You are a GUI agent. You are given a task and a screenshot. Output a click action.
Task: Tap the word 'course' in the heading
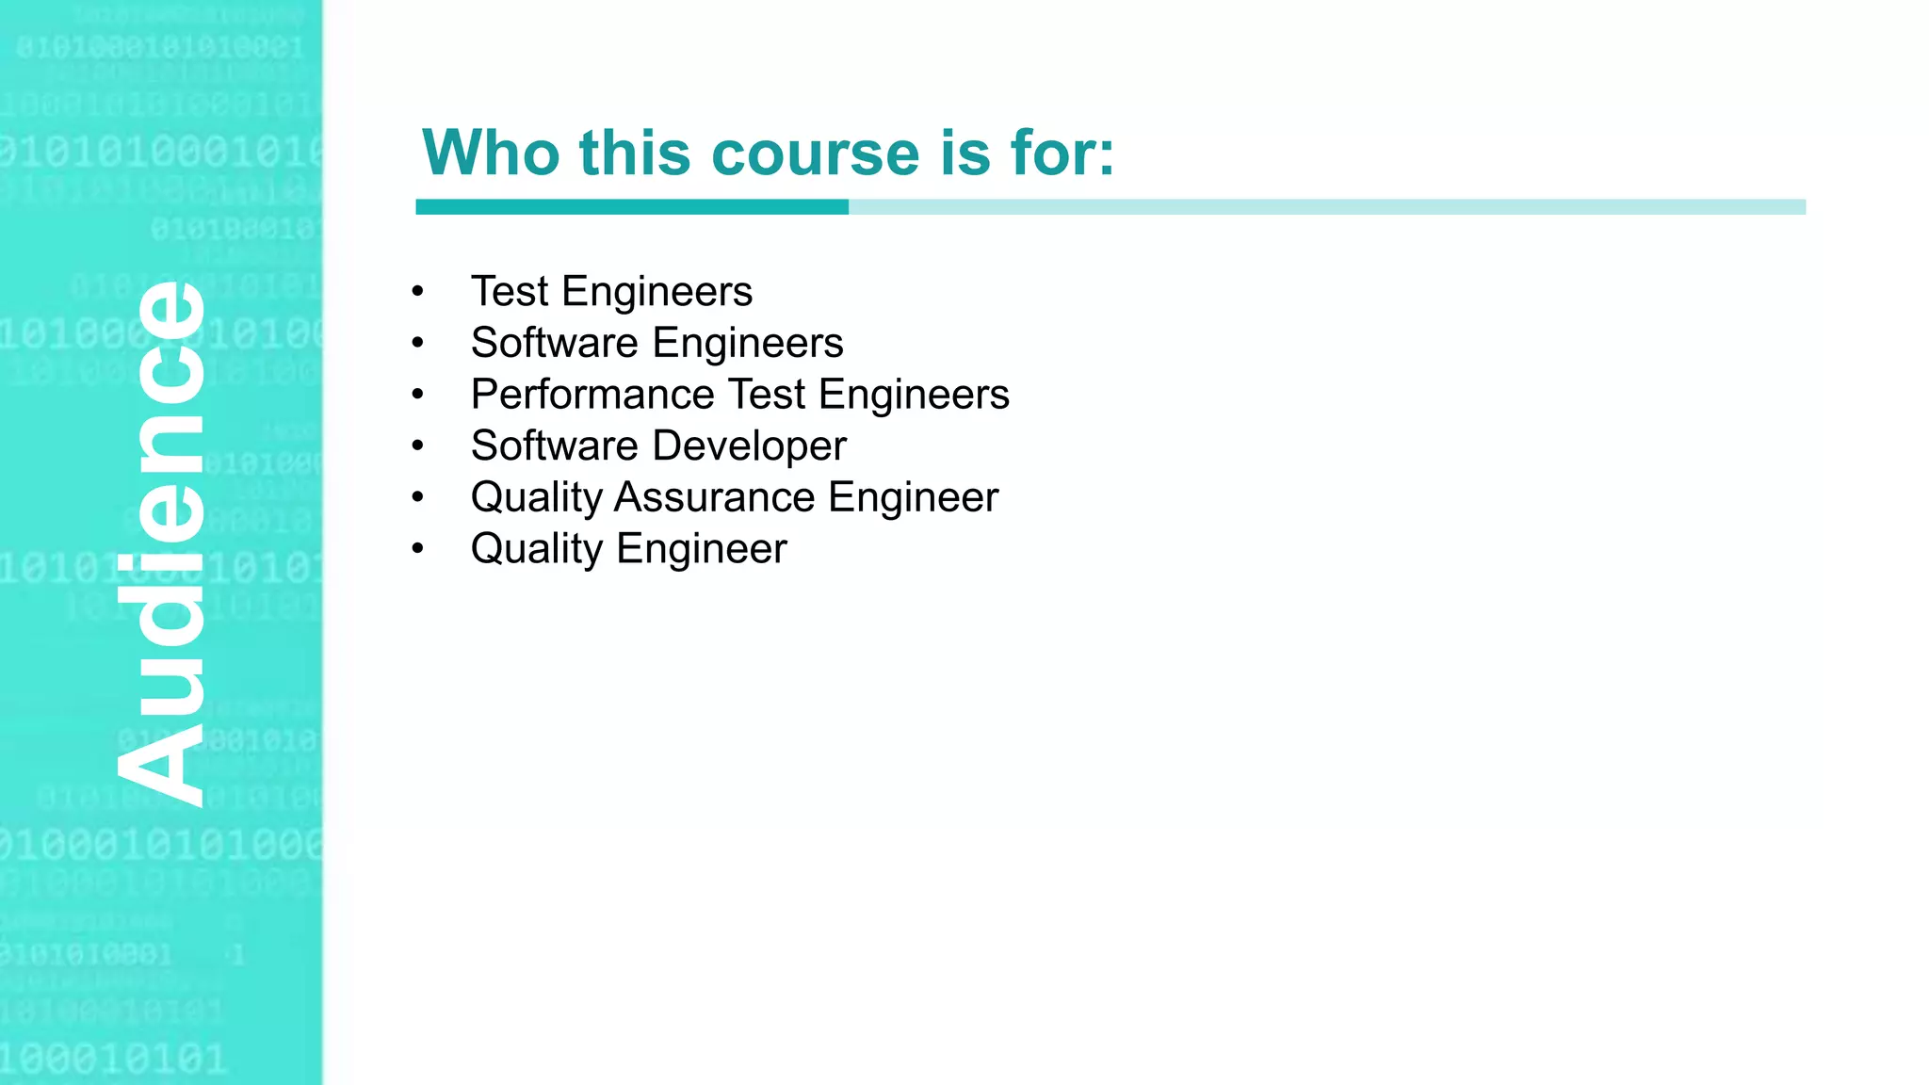point(816,153)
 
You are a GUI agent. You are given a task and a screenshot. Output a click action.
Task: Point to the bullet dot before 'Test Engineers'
point(418,292)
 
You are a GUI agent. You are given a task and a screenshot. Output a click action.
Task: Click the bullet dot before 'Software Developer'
point(418,446)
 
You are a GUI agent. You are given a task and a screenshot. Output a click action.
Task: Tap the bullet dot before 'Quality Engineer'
point(418,549)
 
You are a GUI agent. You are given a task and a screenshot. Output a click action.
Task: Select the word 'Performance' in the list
point(592,395)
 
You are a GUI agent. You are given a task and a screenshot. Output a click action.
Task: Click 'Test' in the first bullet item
point(510,292)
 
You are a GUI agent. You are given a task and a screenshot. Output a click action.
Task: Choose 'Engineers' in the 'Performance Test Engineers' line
point(914,395)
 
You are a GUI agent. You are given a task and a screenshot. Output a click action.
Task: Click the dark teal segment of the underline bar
point(631,207)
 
